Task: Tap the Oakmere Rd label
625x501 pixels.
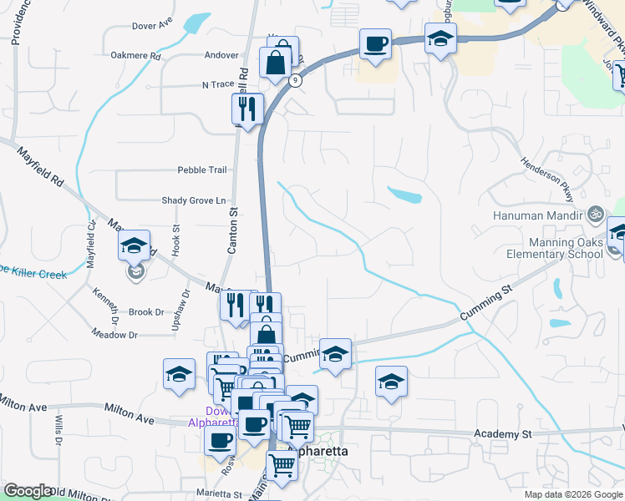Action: [x=135, y=56]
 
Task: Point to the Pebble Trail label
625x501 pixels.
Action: [x=201, y=170]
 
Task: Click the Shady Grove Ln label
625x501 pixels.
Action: [x=194, y=200]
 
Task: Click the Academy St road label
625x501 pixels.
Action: [x=502, y=434]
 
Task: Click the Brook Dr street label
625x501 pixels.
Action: [x=146, y=312]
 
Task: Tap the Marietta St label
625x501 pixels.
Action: [x=219, y=494]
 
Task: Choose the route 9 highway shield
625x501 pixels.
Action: [x=296, y=81]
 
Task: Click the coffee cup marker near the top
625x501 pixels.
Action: [x=375, y=43]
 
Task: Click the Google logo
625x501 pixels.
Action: [x=28, y=491]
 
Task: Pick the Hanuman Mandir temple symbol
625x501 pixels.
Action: [x=595, y=213]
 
